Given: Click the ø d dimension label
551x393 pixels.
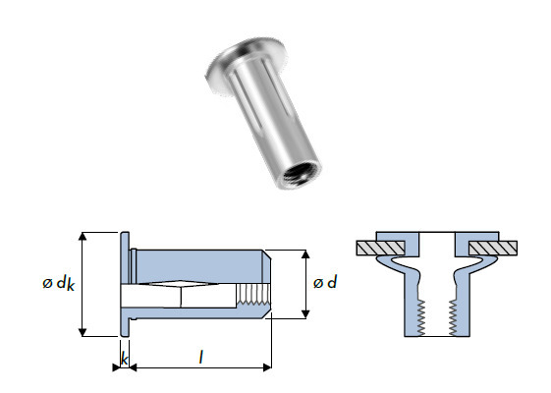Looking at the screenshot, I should coord(324,283).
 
